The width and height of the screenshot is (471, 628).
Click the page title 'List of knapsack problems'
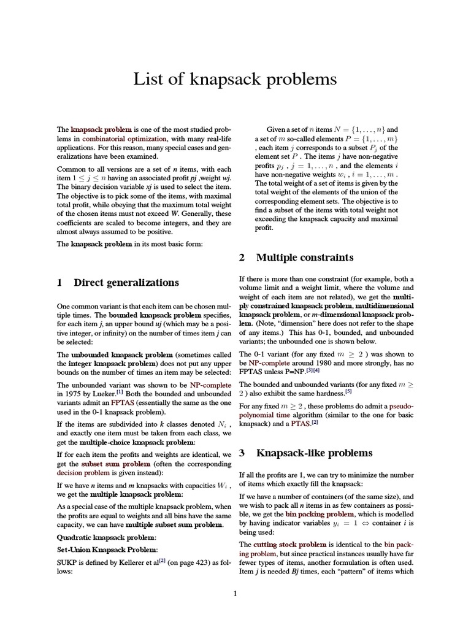(x=235, y=79)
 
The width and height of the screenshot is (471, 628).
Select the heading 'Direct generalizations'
(x=126, y=282)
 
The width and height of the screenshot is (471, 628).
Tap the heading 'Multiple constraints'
(x=304, y=258)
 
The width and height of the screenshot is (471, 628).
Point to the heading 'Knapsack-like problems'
(x=313, y=453)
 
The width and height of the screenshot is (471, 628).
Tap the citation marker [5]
(x=348, y=389)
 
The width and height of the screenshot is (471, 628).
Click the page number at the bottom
(x=235, y=593)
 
